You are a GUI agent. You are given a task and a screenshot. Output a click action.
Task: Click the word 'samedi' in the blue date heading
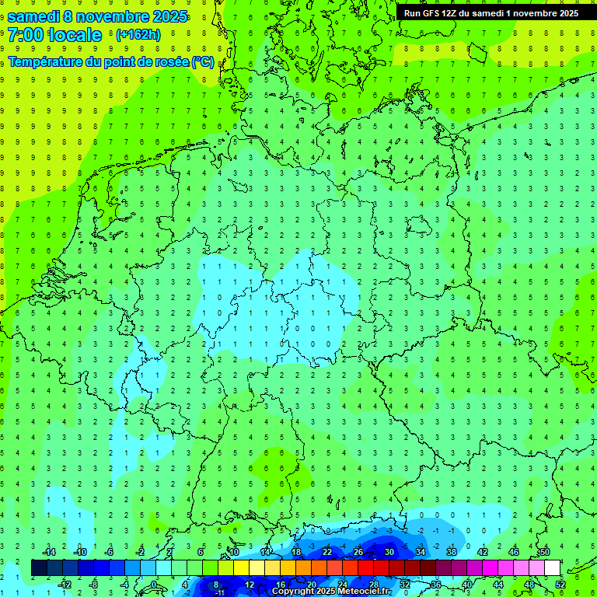[35, 16]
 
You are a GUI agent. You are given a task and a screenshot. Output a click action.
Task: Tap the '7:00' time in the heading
[26, 35]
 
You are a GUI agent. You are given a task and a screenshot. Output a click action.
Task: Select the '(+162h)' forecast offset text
[138, 35]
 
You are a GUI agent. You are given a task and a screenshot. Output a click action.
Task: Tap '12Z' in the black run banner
[449, 13]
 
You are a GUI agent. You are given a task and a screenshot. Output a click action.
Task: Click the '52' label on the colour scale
[560, 584]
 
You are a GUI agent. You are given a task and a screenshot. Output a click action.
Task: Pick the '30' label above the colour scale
[389, 552]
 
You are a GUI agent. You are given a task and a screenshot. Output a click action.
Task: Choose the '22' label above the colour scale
[326, 552]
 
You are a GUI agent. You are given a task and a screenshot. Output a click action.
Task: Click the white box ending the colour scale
[552, 567]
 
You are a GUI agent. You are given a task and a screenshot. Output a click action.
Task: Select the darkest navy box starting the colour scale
[39, 567]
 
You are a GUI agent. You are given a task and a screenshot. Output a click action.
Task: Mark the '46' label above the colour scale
[513, 552]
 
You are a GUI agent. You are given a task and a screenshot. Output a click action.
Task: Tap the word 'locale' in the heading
[75, 35]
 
